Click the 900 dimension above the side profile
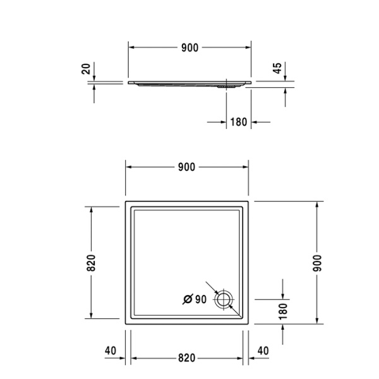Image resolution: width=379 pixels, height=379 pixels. (189, 47)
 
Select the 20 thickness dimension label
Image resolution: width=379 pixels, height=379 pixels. (87, 69)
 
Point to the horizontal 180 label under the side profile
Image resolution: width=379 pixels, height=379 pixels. (238, 122)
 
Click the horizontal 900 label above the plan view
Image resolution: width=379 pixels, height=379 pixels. (186, 167)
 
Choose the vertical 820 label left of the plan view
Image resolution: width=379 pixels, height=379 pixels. (91, 263)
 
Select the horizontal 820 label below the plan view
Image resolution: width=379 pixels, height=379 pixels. (186, 358)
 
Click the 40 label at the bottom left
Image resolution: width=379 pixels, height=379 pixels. (111, 351)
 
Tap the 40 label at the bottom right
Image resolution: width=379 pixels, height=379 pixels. (263, 351)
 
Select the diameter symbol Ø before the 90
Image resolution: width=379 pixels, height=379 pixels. (188, 299)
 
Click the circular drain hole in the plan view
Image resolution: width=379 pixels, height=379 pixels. (224, 299)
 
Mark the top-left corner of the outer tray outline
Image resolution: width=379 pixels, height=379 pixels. (125, 202)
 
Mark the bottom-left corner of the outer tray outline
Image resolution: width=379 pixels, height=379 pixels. (125, 325)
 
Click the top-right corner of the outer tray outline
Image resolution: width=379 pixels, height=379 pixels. (249, 202)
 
